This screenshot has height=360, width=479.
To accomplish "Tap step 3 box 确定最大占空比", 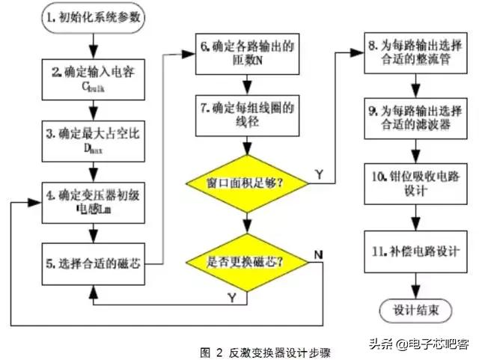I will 91,141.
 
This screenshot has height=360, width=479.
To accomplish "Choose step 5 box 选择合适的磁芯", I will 91,263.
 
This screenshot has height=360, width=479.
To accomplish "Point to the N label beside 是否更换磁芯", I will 319,254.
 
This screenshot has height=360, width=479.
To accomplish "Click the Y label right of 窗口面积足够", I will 320,174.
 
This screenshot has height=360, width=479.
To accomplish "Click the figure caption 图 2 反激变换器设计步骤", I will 266,351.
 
